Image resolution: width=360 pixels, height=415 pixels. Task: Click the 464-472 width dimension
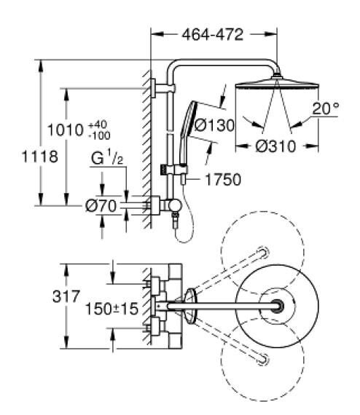click(213, 34)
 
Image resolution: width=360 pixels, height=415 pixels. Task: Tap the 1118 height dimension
click(40, 156)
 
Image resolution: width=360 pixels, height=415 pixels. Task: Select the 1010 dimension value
click(66, 130)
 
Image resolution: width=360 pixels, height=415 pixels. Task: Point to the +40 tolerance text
click(98, 124)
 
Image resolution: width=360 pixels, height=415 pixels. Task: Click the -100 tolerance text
click(99, 135)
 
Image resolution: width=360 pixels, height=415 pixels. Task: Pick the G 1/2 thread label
click(107, 158)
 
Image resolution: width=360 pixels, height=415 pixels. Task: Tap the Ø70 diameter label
click(101, 205)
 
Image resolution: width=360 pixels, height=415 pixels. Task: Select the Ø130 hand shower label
click(214, 125)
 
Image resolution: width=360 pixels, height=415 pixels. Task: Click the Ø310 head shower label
click(275, 146)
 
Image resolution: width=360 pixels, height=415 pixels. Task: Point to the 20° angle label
click(325, 108)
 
